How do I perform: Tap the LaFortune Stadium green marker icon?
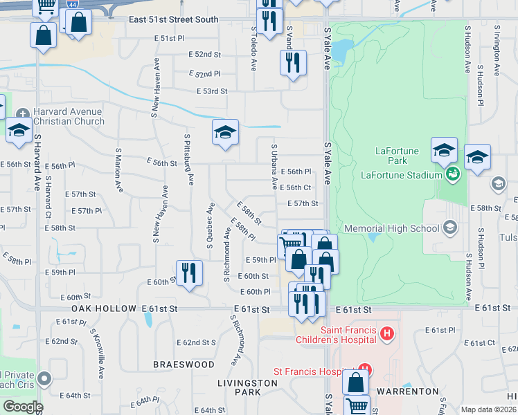click(x=452, y=173)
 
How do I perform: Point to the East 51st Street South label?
click(x=173, y=20)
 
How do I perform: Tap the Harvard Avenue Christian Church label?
click(x=69, y=116)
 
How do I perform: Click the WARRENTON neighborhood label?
click(x=408, y=391)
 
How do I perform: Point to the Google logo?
click(x=22, y=407)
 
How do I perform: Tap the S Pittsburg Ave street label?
click(x=188, y=159)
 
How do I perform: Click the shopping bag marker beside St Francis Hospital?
click(x=355, y=382)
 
